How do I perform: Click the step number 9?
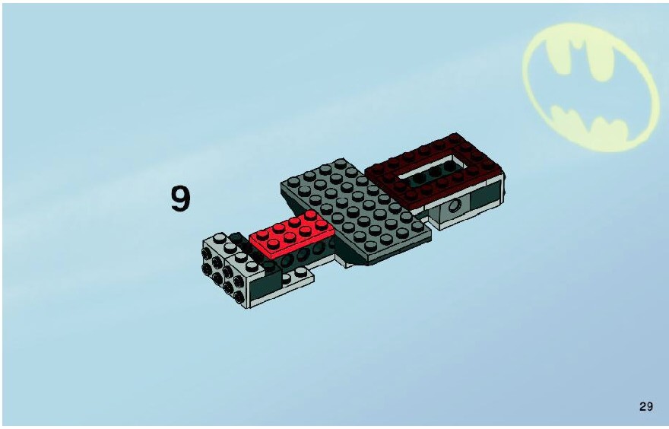point(180,199)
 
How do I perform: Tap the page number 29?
point(646,406)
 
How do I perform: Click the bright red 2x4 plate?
point(292,234)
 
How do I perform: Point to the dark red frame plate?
point(433,170)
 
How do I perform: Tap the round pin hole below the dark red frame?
point(455,206)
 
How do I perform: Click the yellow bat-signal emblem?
point(591,87)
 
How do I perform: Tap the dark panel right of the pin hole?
point(485,196)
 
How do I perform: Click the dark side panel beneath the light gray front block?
point(265,286)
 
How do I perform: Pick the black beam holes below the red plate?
point(303,254)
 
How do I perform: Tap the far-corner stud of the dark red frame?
point(454,137)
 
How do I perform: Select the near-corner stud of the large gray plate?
point(370,246)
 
